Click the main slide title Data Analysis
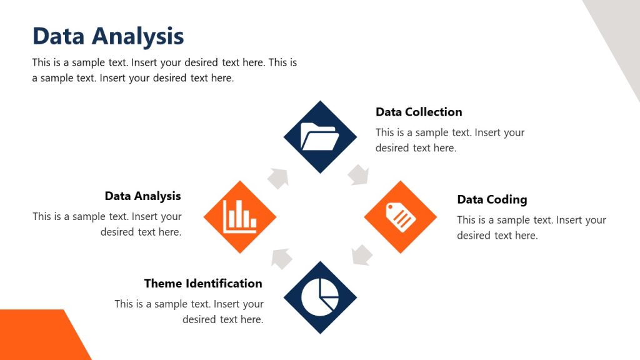click(108, 36)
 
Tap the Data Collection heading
click(419, 112)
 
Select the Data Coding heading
click(492, 199)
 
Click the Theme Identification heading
click(203, 283)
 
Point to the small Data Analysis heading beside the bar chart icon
click(142, 196)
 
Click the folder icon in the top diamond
click(320, 136)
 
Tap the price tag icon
click(401, 217)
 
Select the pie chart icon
click(320, 297)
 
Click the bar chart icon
click(240, 217)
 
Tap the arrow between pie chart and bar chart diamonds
click(281, 257)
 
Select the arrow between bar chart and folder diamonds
click(279, 177)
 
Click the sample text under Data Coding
click(531, 227)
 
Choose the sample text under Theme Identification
click(189, 311)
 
